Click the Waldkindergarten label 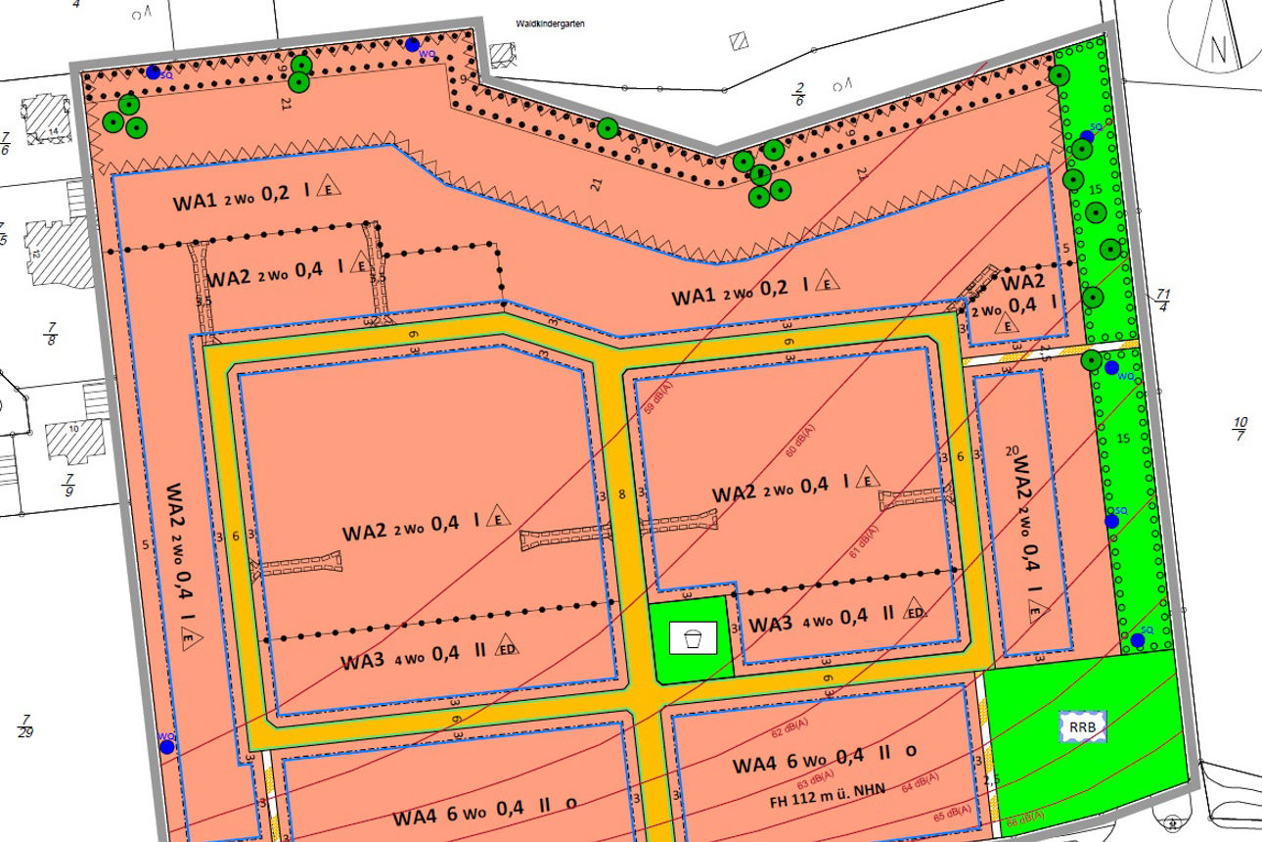click(x=550, y=23)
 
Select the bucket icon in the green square click(x=693, y=638)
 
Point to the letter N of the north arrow click(x=1218, y=47)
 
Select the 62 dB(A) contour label click(x=789, y=731)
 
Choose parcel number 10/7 click(x=1239, y=428)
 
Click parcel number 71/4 click(x=1163, y=301)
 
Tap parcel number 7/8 click(x=52, y=333)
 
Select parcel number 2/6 click(x=799, y=94)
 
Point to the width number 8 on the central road click(x=623, y=496)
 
